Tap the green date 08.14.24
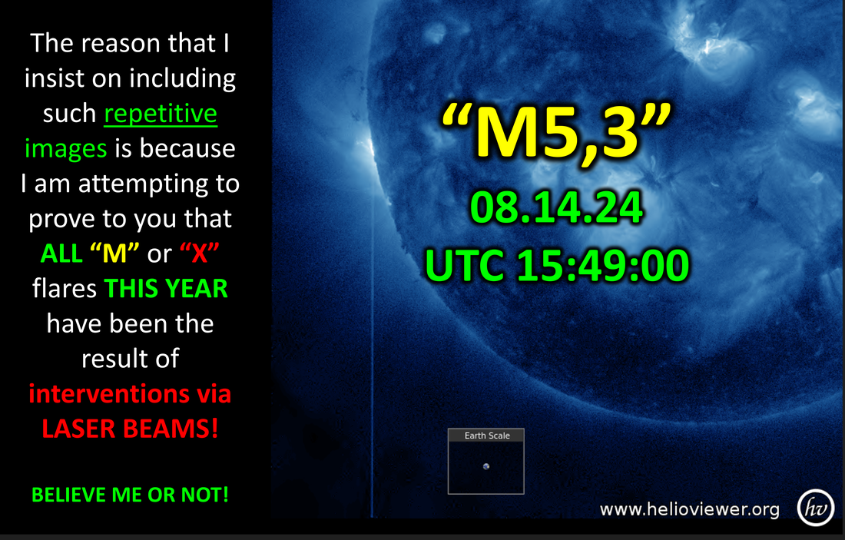(x=557, y=207)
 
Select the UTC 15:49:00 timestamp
(x=557, y=265)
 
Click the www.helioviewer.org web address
(x=689, y=509)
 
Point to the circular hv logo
(x=816, y=508)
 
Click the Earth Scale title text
(x=487, y=436)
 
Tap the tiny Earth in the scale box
(x=486, y=467)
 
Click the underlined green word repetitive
(x=161, y=114)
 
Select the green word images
(x=66, y=149)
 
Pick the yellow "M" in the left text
(x=114, y=253)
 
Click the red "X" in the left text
(x=200, y=253)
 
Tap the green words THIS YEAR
(x=166, y=288)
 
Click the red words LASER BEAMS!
(x=130, y=429)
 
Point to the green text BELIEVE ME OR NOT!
(x=130, y=495)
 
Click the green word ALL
(x=61, y=253)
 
